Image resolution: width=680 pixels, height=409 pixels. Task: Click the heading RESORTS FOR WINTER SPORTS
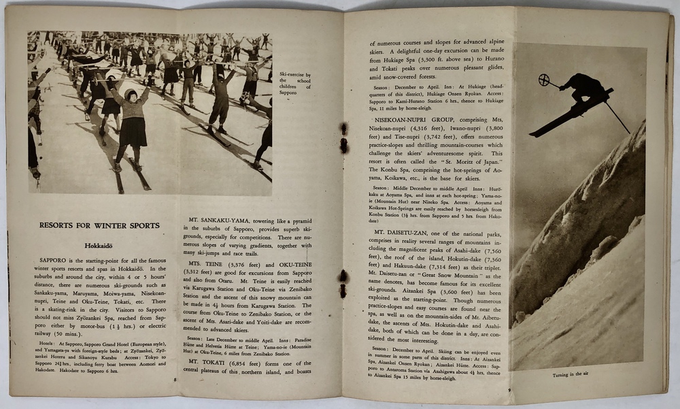[99, 225]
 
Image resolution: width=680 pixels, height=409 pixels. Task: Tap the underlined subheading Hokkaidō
[99, 248]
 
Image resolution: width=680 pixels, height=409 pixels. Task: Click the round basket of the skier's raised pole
[543, 80]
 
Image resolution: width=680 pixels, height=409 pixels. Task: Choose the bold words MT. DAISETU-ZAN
[401, 232]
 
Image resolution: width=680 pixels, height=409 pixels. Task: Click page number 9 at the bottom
[509, 389]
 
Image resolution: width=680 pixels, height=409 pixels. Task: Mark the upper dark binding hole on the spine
[344, 136]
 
